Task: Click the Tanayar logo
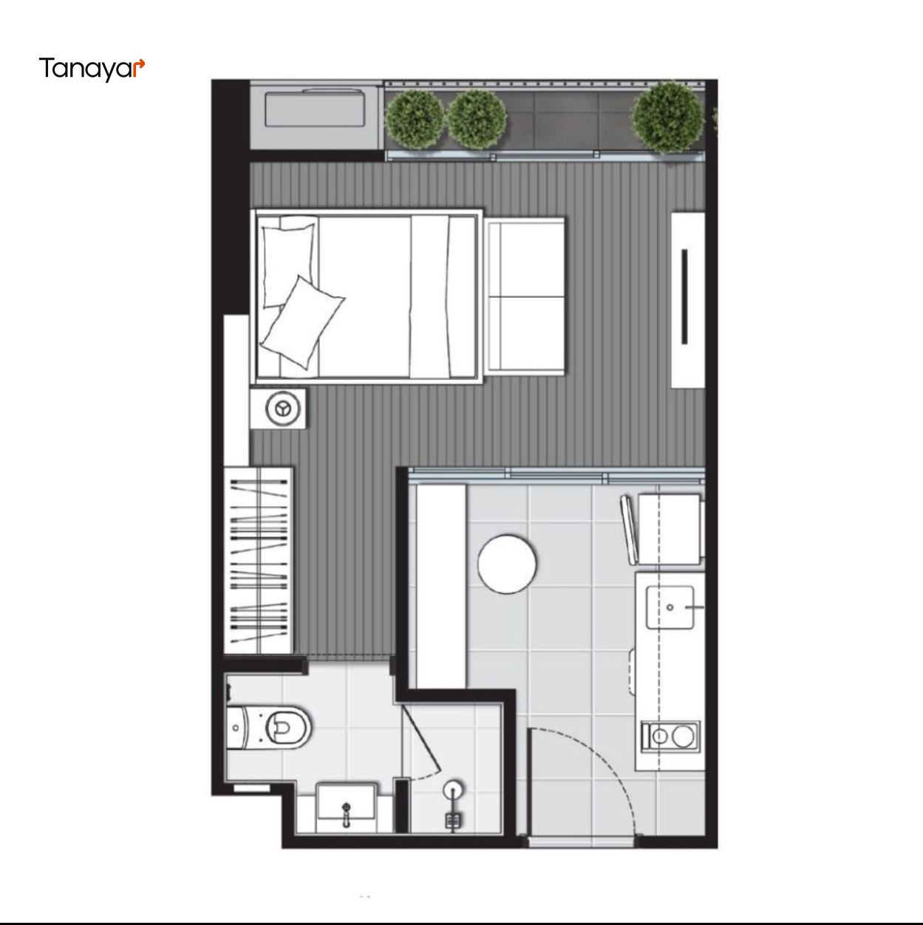92,69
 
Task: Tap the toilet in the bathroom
268,727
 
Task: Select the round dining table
507,564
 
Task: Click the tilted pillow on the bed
302,322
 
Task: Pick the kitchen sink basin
670,607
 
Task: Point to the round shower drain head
453,788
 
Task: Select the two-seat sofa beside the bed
525,296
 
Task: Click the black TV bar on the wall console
684,296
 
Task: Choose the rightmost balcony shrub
667,117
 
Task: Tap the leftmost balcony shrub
415,118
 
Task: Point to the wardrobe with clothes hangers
259,559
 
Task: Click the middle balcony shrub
477,118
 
